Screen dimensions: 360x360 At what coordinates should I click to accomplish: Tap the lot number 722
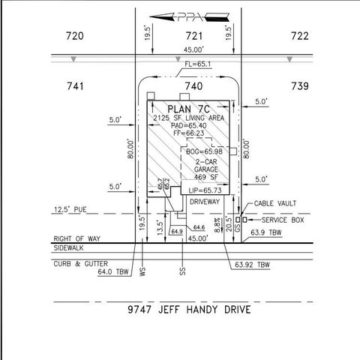click(x=299, y=36)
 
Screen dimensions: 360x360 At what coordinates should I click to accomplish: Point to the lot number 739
click(x=299, y=86)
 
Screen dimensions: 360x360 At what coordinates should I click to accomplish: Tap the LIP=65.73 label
click(x=205, y=191)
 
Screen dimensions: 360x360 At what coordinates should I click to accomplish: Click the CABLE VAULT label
click(x=276, y=203)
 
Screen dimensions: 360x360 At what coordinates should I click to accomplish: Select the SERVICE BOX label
click(x=282, y=220)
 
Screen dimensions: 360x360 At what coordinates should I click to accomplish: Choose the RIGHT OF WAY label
click(x=77, y=238)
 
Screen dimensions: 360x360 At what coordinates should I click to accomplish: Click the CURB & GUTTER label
click(x=80, y=263)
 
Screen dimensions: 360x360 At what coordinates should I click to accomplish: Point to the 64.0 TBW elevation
click(x=114, y=272)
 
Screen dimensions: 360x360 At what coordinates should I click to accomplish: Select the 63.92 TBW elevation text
click(x=252, y=265)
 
